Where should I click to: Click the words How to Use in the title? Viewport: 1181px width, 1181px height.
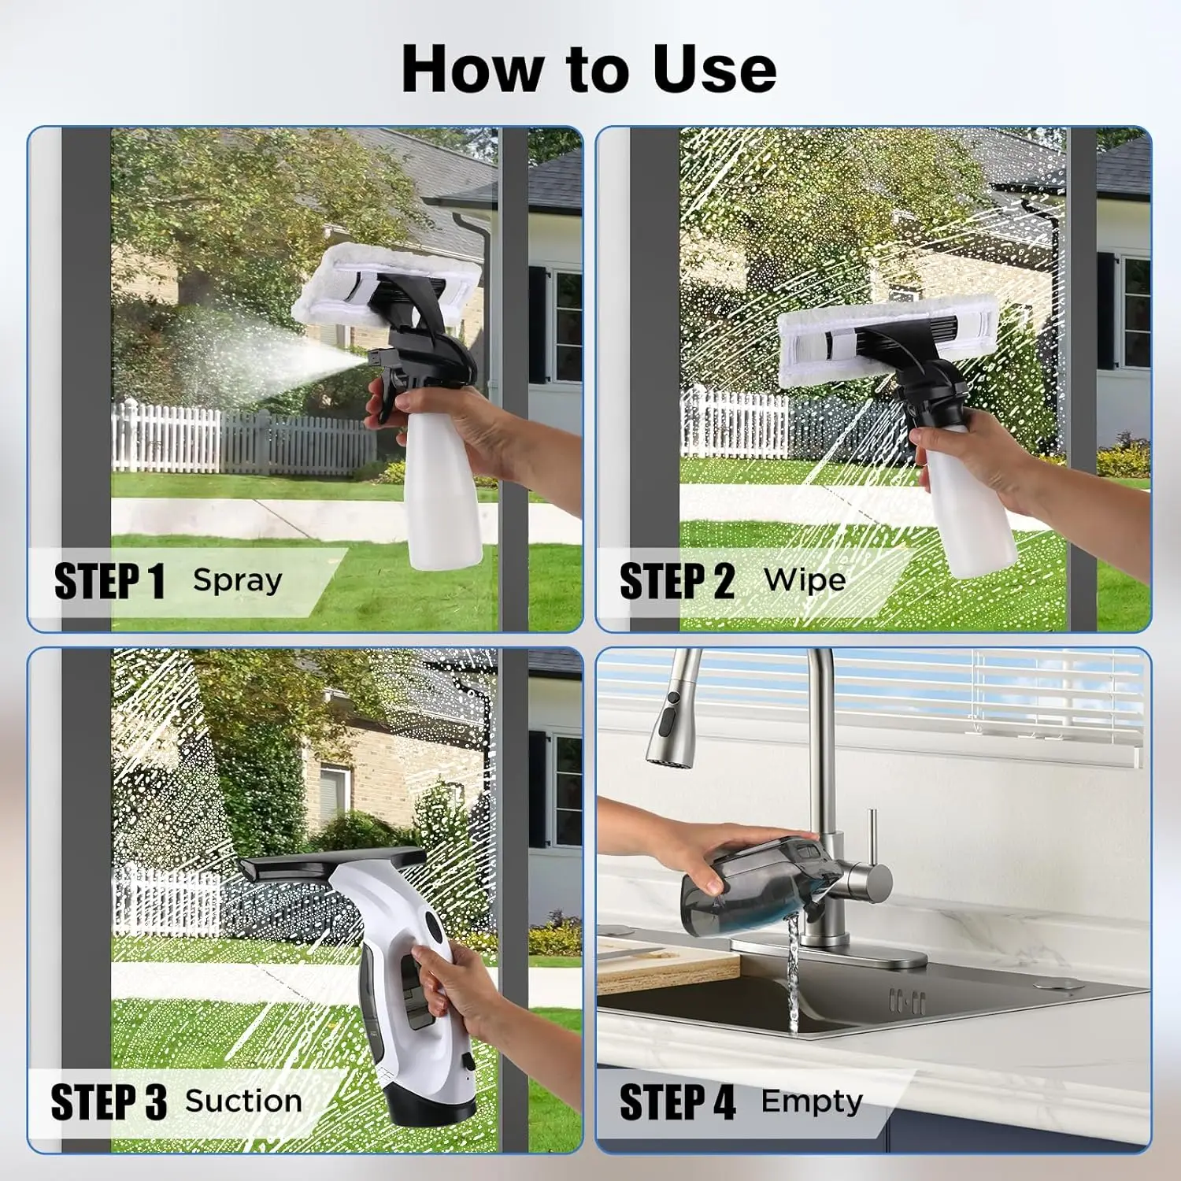589,69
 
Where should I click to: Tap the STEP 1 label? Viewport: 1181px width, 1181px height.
109,582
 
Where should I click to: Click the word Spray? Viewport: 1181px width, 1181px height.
237,580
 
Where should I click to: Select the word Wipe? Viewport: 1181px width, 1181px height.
804,580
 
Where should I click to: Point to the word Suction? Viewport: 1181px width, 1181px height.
243,1101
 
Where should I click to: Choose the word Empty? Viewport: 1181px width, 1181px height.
811,1101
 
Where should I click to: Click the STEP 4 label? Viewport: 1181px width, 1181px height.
677,1101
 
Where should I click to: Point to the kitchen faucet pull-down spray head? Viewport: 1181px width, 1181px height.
666,724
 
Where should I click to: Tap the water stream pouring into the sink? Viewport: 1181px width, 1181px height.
793,976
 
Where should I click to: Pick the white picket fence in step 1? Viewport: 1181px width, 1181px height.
236,441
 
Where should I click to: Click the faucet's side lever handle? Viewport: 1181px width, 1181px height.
871,835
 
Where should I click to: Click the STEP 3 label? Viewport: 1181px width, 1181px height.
108,1101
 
